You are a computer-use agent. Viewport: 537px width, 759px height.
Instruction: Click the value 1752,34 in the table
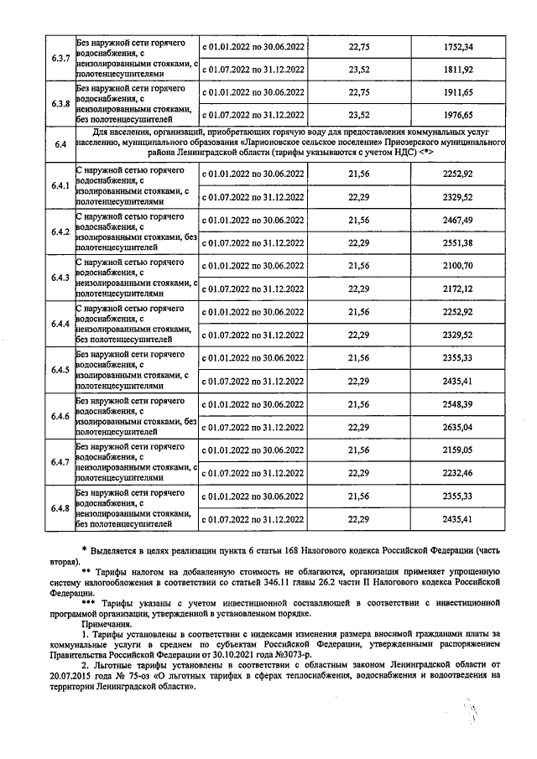[458, 46]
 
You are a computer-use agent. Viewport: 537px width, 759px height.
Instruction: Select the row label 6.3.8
[60, 104]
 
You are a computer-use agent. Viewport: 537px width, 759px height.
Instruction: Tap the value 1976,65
[458, 115]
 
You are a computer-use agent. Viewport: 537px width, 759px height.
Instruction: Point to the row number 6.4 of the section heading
[60, 145]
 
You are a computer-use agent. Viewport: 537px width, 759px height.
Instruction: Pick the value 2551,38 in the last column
[458, 242]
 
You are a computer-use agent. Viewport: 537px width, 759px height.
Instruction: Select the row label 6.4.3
[60, 278]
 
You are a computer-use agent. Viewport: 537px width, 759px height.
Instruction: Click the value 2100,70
[458, 266]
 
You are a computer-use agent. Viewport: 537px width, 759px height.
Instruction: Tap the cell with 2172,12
[458, 289]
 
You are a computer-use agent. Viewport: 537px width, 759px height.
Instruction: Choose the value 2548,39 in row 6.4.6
[458, 404]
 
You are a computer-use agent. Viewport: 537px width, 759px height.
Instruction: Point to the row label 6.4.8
[60, 509]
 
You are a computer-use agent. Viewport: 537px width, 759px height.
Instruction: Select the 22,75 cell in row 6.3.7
[359, 46]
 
